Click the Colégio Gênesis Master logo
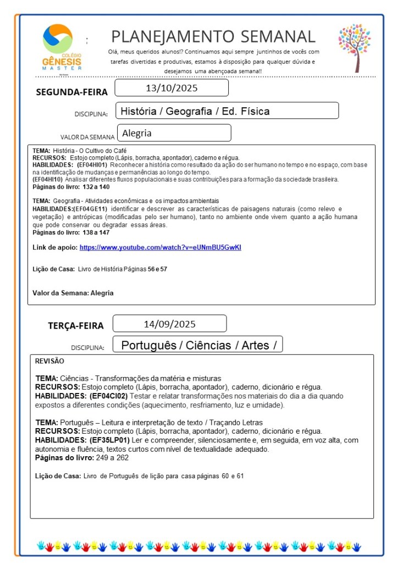61,47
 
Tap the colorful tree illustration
355,47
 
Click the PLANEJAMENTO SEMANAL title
213,36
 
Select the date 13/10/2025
172,88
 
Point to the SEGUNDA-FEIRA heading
71,92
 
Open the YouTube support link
160,248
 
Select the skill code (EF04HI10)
48,179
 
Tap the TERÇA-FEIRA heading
75,326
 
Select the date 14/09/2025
169,324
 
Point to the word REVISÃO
49,361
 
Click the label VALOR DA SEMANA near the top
87,136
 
